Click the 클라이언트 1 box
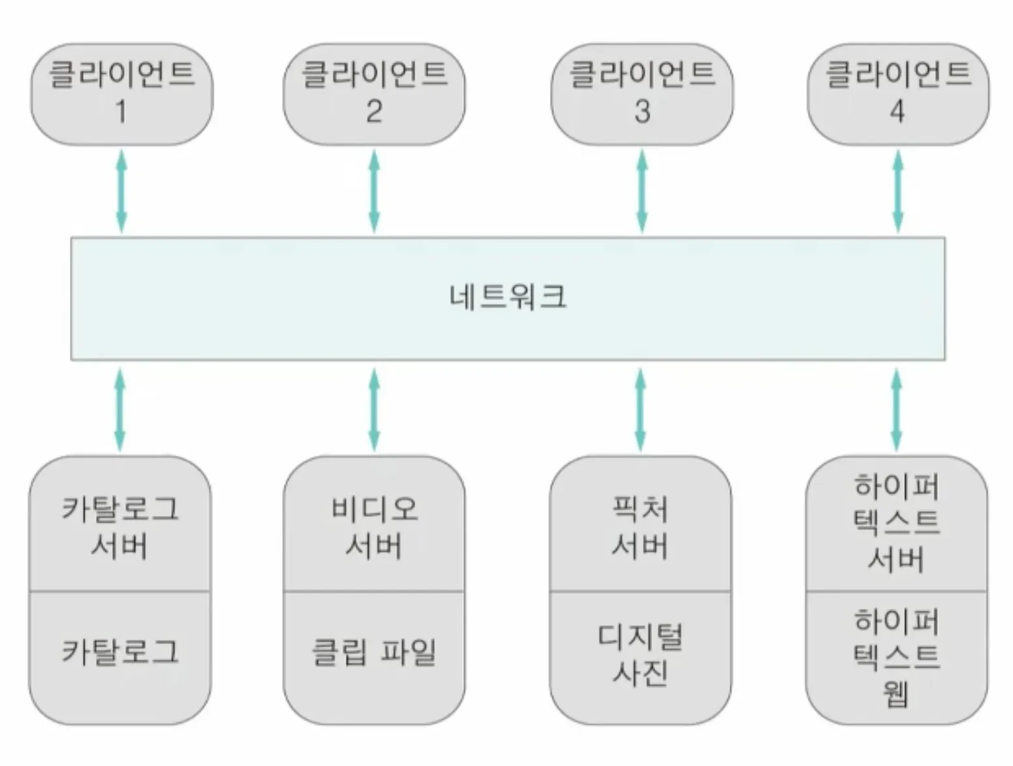[x=122, y=94]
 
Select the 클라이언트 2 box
[x=374, y=94]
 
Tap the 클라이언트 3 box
[x=642, y=94]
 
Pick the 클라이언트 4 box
[x=898, y=94]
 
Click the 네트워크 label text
[x=508, y=297]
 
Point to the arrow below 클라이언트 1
[x=121, y=191]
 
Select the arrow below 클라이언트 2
[x=374, y=191]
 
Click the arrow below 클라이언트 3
[x=642, y=191]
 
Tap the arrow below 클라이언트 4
[x=898, y=191]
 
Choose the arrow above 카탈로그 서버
[x=120, y=409]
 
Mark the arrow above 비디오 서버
[x=374, y=409]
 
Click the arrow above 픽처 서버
[x=640, y=409]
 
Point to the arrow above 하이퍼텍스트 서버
[x=897, y=409]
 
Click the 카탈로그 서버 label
[x=120, y=527]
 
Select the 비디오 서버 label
[x=374, y=527]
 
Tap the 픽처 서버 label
[x=640, y=527]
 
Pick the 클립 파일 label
[x=374, y=652]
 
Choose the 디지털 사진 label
[x=640, y=654]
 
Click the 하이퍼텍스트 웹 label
[x=897, y=657]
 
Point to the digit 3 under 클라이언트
[x=642, y=112]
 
